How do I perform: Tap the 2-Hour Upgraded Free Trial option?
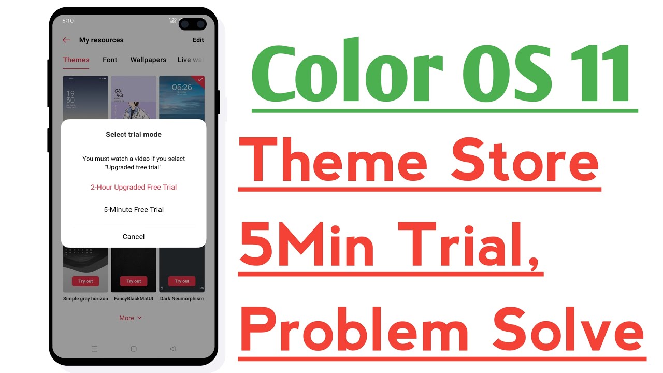[x=134, y=188]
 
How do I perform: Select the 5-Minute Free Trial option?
[x=134, y=210]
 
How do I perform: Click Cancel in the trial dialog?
[x=134, y=237]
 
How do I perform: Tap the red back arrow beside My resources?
[x=66, y=40]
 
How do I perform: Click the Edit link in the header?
[x=198, y=40]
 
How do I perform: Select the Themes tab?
[x=76, y=60]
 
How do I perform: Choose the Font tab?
[x=110, y=60]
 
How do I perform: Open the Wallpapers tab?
[x=148, y=60]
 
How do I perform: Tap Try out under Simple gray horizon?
[x=85, y=281]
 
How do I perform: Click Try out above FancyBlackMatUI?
[x=134, y=281]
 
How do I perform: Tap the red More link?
[x=131, y=318]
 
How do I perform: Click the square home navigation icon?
[x=134, y=349]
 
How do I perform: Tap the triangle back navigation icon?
[x=172, y=349]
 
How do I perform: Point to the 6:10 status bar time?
[x=68, y=21]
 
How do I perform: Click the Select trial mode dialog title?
[x=134, y=134]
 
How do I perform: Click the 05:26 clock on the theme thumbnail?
[x=182, y=87]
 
